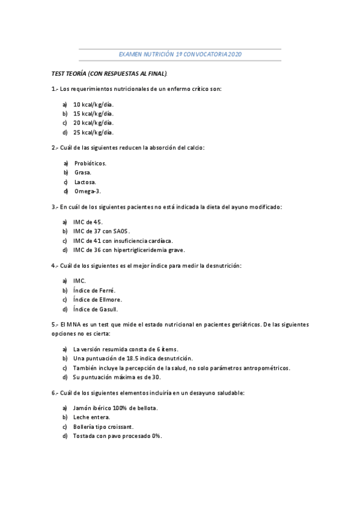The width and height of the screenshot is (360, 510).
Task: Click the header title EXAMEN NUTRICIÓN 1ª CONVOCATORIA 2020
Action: point(180,54)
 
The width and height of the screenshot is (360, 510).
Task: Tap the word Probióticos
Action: point(90,162)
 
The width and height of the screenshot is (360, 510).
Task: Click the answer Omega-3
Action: point(88,191)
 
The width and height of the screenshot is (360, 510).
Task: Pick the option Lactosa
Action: point(85,182)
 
